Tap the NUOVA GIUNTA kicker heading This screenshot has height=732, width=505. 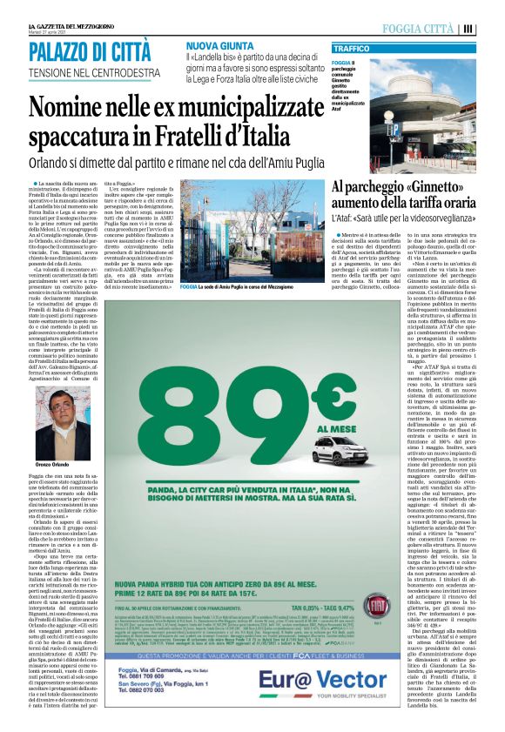click(219, 44)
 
